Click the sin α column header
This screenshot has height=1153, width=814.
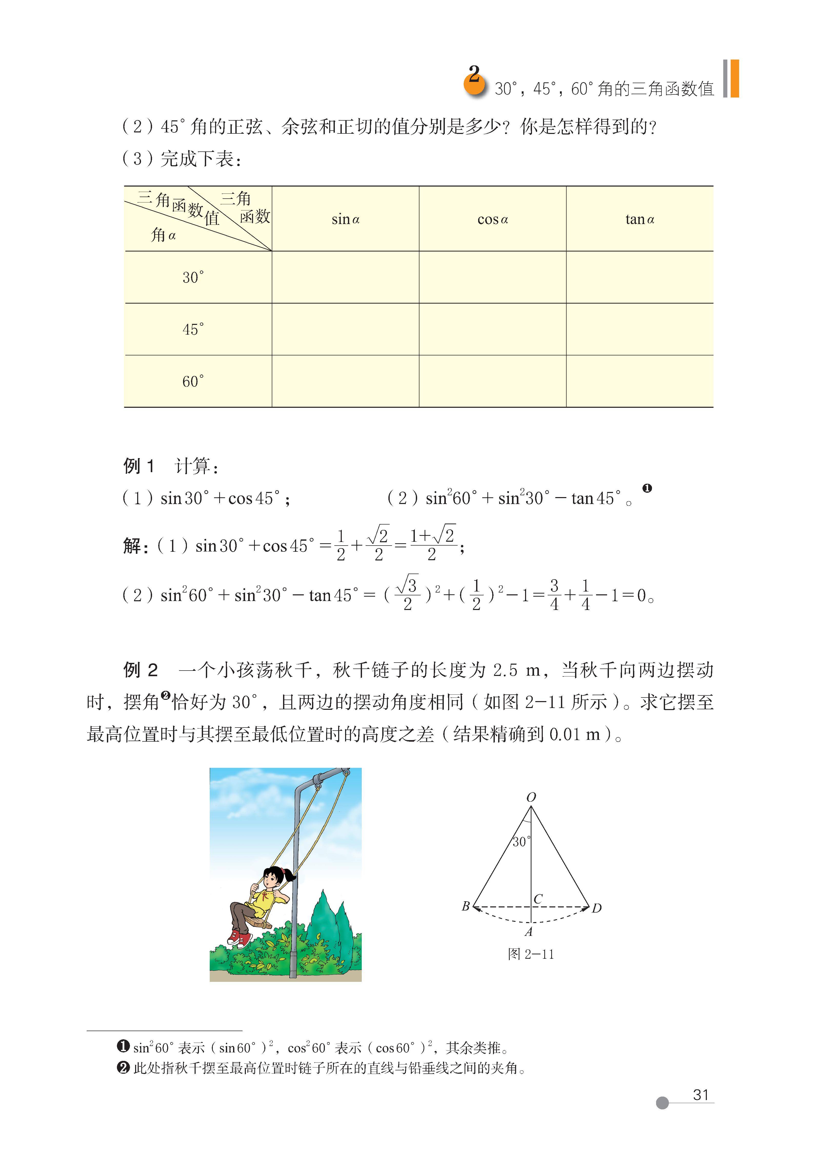pos(345,219)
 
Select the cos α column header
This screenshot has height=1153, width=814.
pos(492,219)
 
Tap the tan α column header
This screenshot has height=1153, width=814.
pos(639,219)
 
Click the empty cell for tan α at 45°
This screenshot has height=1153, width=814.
pos(639,330)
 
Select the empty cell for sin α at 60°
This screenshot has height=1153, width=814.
pos(345,382)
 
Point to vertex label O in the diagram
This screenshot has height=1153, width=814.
pos(531,797)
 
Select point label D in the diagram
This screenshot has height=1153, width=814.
pos(596,908)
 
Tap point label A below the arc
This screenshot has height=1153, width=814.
pos(528,932)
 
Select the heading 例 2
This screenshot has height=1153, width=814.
pos(140,670)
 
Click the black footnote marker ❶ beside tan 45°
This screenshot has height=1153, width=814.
pos(647,488)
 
